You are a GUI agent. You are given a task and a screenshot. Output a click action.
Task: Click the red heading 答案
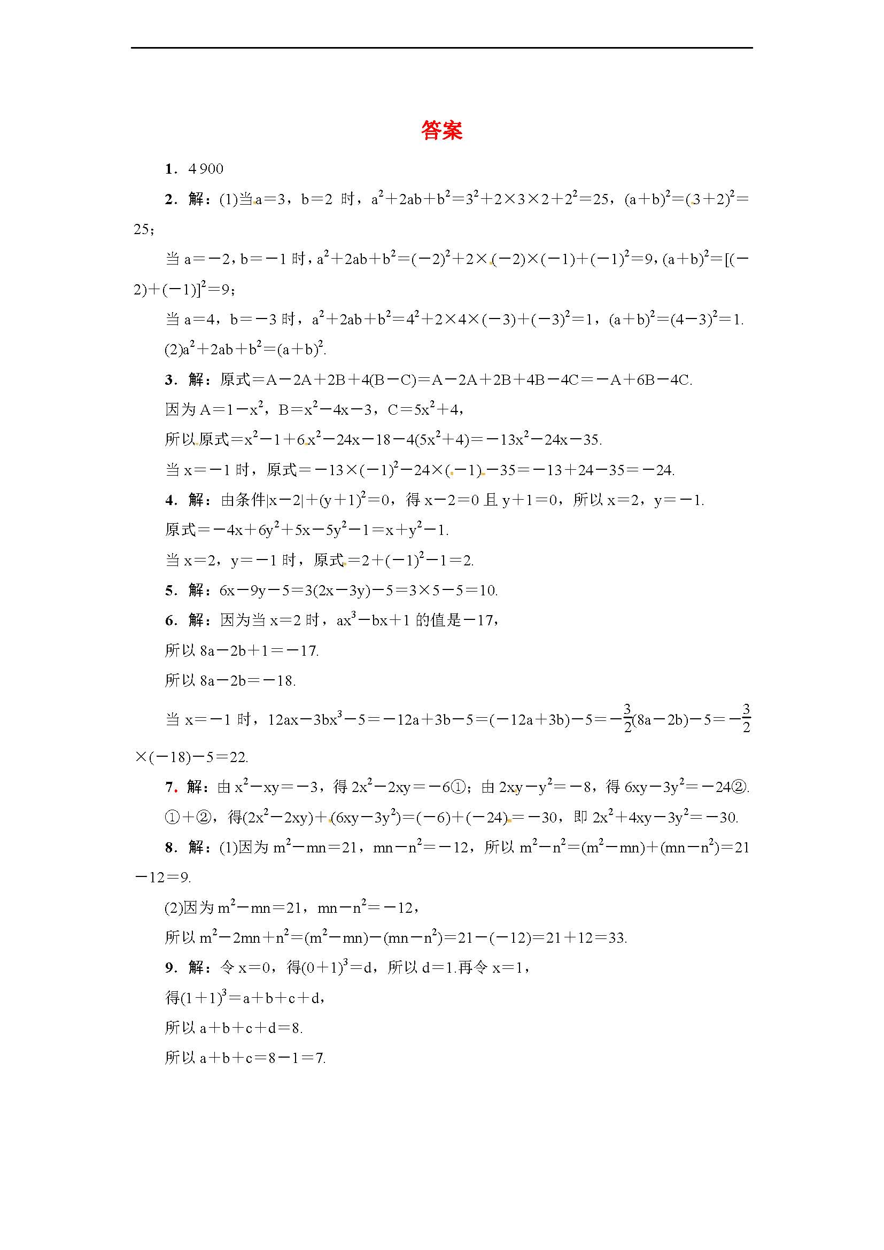[x=441, y=130]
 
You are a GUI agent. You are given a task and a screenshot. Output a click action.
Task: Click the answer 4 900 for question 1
[x=206, y=169]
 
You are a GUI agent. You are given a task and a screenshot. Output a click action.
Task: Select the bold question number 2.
[x=169, y=200]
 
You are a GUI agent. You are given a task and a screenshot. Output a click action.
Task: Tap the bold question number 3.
[x=169, y=380]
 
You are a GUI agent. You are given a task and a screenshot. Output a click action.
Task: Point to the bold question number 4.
[x=169, y=500]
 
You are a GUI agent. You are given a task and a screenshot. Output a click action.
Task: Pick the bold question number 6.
[x=169, y=620]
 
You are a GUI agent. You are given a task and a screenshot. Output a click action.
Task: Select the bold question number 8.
[x=169, y=848]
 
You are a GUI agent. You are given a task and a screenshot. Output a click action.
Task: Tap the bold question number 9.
[x=169, y=967]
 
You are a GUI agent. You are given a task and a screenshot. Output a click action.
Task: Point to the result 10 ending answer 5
[x=489, y=591]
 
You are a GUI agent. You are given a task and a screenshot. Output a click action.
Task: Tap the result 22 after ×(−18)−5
[x=238, y=757]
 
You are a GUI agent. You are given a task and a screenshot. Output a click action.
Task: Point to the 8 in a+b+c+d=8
[x=296, y=1028]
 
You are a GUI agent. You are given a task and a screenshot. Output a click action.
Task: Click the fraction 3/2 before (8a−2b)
[x=627, y=719]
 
